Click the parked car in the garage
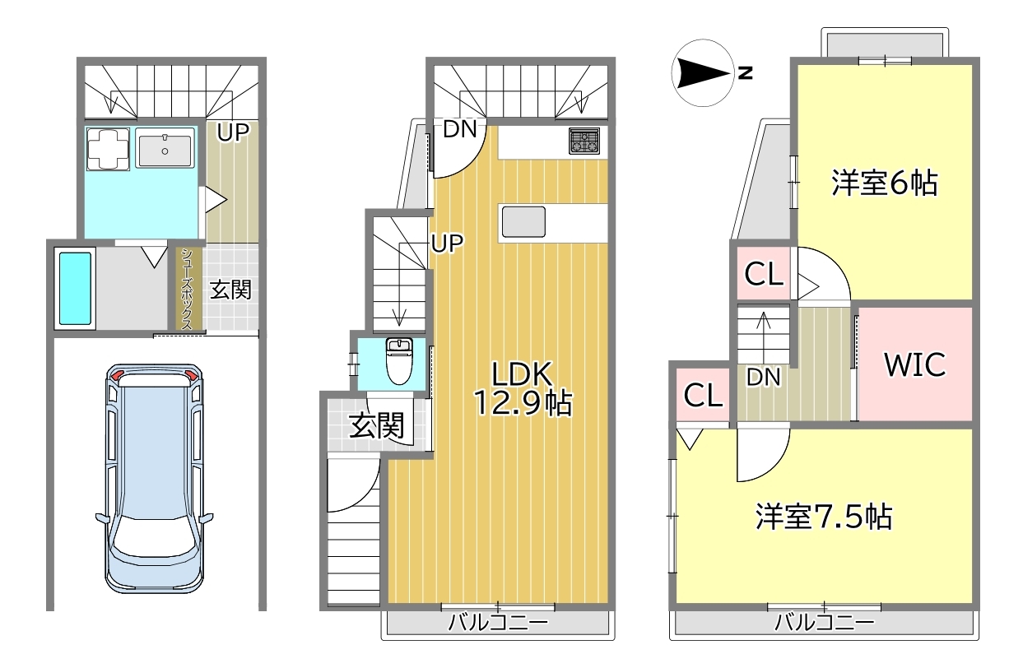(x=155, y=479)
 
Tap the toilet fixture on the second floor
(x=399, y=361)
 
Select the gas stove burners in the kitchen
(x=584, y=141)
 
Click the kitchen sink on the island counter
(x=523, y=222)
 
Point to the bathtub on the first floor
(x=75, y=289)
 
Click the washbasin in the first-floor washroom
(x=165, y=147)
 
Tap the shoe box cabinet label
(x=186, y=289)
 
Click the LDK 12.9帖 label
(x=523, y=388)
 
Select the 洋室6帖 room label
(x=884, y=183)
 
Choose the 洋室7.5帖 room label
(x=824, y=517)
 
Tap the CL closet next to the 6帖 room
(x=764, y=274)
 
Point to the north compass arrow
(x=703, y=73)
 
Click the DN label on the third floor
(x=763, y=377)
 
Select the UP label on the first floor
(x=233, y=132)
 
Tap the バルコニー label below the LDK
(x=498, y=622)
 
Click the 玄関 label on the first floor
(x=230, y=290)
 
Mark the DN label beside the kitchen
(x=460, y=129)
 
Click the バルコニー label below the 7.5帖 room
(x=825, y=622)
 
